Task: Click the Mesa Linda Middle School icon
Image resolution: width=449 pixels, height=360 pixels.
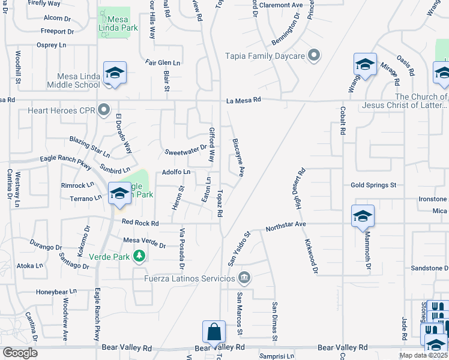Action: tap(114, 73)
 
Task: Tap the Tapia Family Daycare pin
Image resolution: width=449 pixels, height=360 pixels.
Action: tap(313, 56)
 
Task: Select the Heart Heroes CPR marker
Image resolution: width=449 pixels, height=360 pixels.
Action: tap(104, 110)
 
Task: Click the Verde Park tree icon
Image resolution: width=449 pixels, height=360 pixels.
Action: tap(139, 257)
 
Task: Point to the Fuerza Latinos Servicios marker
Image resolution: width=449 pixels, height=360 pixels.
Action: tap(244, 278)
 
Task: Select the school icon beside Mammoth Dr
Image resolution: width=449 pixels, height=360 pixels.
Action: tap(363, 216)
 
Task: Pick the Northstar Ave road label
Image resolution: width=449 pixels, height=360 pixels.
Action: tap(286, 225)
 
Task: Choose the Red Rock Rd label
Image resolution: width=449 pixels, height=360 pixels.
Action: tap(140, 223)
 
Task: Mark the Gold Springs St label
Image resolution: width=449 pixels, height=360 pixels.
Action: tap(374, 185)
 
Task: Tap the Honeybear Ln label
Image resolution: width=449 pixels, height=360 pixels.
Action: tap(56, 292)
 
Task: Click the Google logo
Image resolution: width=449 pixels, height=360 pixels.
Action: tap(20, 352)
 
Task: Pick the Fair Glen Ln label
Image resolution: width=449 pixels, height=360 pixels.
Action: tap(163, 62)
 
